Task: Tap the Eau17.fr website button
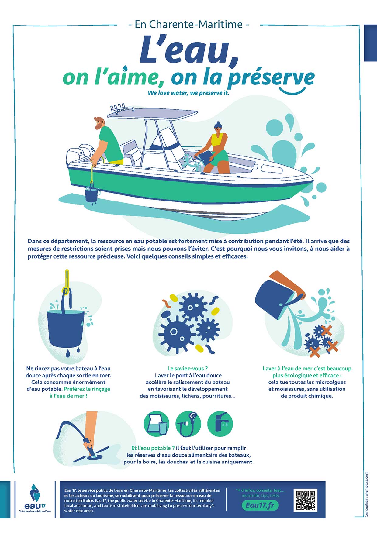point(260,505)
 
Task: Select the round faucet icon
point(220,424)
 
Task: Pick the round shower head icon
point(188,424)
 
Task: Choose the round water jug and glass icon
point(156,424)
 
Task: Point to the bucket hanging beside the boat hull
point(91,194)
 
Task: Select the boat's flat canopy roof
point(152,114)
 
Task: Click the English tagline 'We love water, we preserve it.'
point(188,93)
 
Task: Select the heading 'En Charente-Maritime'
point(188,24)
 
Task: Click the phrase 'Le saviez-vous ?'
point(188,368)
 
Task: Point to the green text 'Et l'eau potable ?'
point(153,448)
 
